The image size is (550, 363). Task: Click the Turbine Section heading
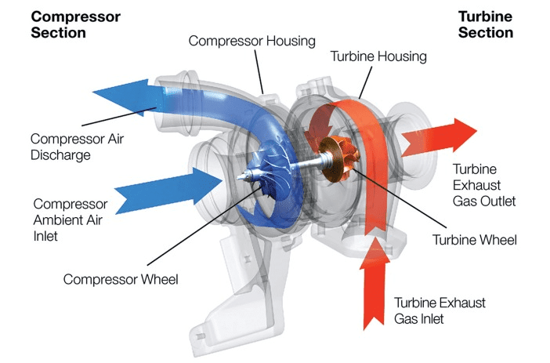(486, 24)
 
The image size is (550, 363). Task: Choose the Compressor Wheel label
(121, 278)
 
